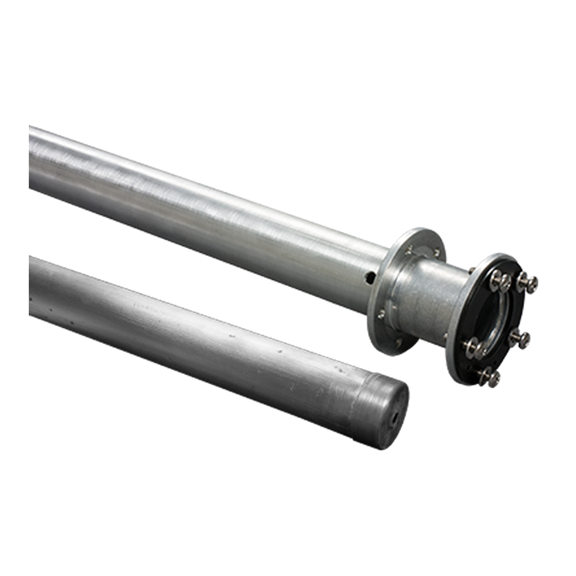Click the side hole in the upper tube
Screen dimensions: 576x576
[x=370, y=278]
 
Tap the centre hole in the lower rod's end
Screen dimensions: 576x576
[x=395, y=419]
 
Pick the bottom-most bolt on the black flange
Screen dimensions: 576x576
[x=488, y=377]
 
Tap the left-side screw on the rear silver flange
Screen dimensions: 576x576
[x=381, y=314]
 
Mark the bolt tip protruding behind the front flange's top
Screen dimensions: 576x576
[x=471, y=269]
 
